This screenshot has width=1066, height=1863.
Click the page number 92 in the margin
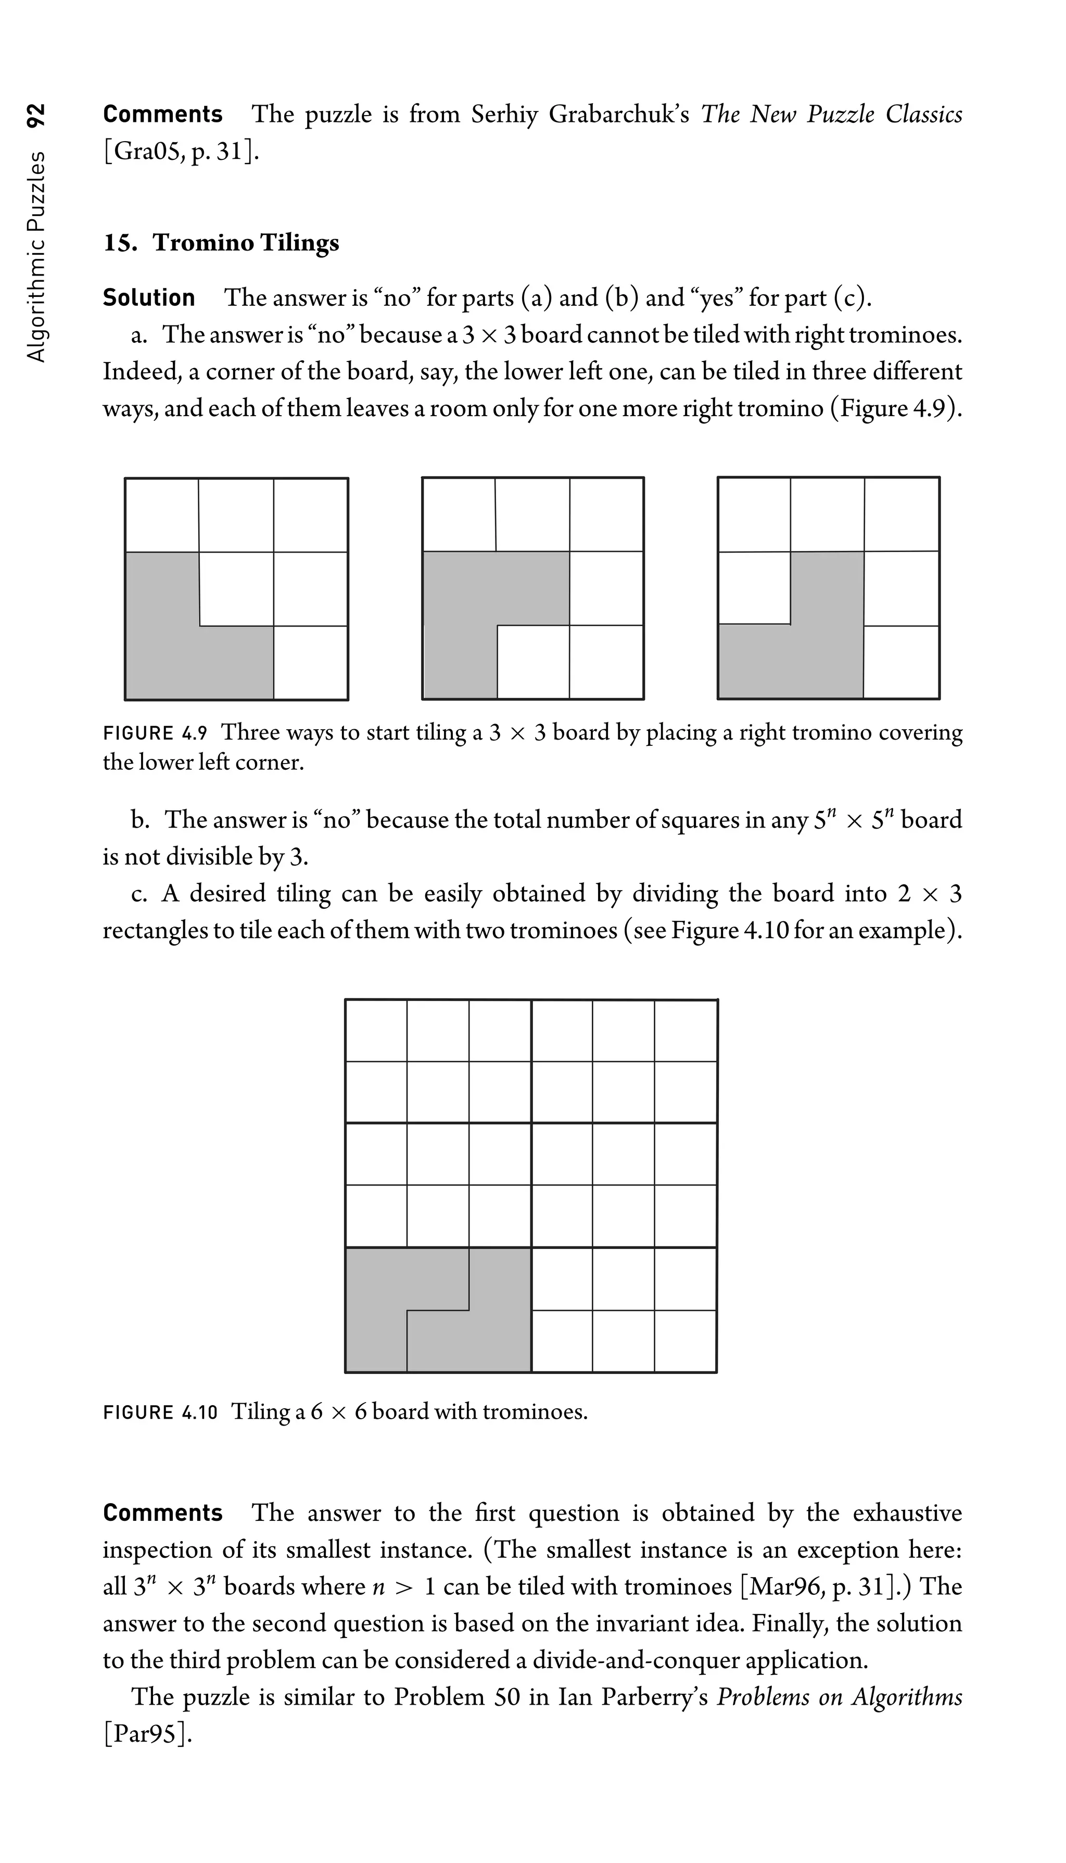(36, 115)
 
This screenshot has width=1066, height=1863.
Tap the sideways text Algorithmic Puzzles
(36, 256)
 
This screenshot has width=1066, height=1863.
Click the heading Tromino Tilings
(245, 243)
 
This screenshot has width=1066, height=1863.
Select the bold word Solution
(149, 297)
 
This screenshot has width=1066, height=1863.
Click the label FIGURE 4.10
(160, 1412)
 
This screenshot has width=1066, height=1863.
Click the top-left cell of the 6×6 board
(376, 1030)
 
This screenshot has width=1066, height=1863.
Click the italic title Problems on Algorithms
(839, 1697)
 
